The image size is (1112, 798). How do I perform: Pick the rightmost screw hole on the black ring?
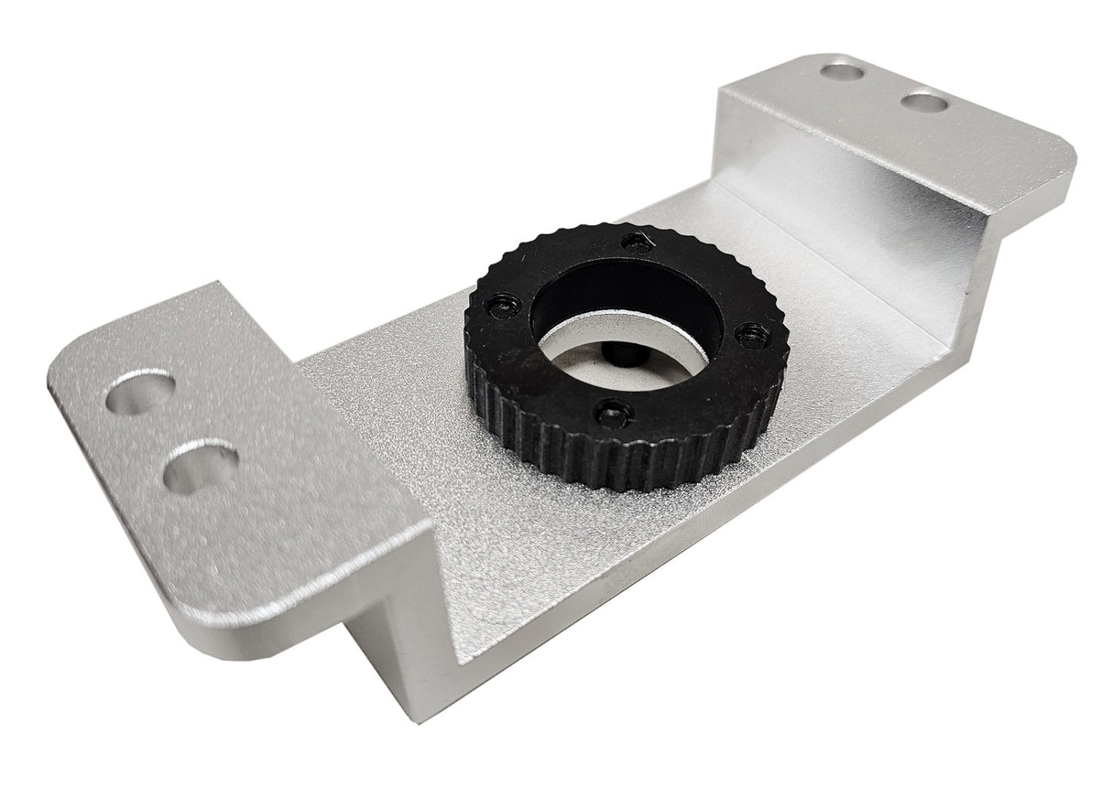pyautogui.click(x=749, y=334)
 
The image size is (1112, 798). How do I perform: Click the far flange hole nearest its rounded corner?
pyautogui.click(x=923, y=101)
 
